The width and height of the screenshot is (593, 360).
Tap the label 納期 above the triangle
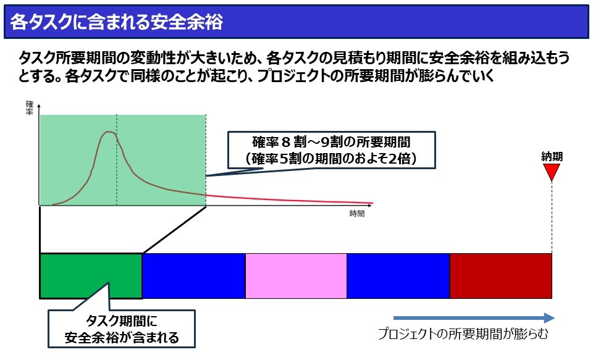552,157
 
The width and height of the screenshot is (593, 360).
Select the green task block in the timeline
91,276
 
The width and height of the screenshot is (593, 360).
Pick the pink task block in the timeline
296,276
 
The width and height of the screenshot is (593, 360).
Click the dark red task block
501,276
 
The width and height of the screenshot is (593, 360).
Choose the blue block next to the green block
193,276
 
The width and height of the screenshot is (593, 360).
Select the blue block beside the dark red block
398,276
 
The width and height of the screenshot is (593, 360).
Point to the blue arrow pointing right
474,318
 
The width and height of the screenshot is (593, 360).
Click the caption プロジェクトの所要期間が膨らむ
463,334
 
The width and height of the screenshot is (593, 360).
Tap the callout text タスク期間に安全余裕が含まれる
122,329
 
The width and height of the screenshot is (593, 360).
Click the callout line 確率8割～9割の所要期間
331,142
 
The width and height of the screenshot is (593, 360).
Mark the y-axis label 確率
30,108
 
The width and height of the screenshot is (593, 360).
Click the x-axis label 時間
357,214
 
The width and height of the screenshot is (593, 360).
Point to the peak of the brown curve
109,132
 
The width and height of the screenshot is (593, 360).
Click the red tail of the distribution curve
289,199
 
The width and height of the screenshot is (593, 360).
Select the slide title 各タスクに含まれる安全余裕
117,22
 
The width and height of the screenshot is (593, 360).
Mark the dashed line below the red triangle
552,217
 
